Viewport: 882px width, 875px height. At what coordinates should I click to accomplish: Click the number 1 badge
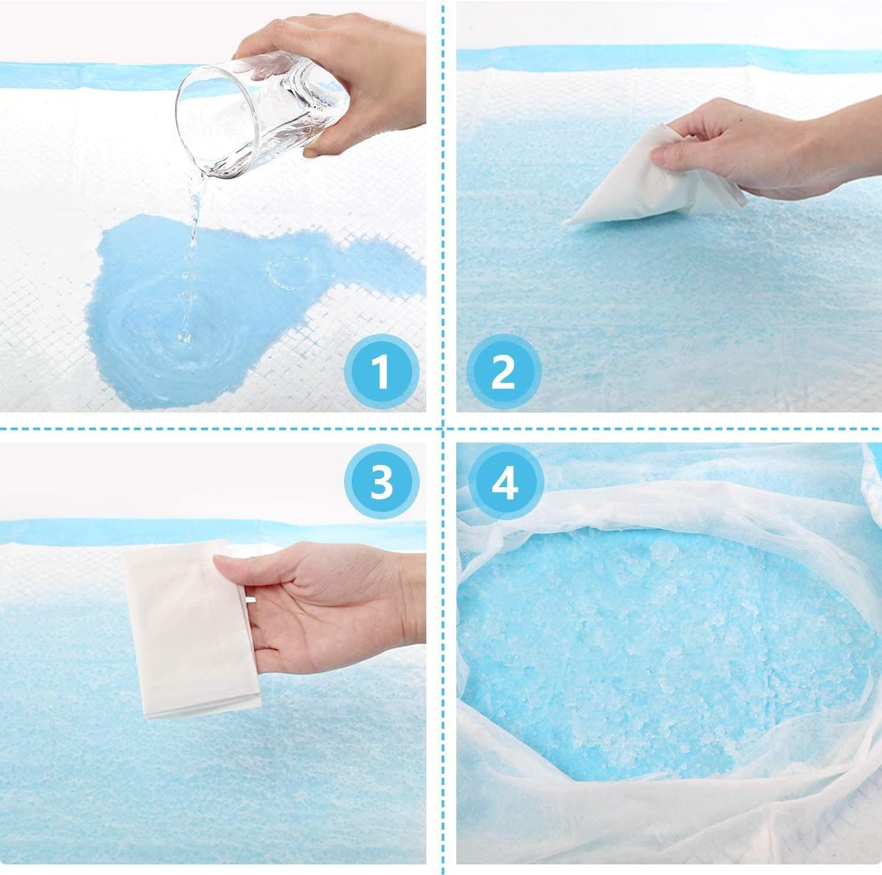point(381,371)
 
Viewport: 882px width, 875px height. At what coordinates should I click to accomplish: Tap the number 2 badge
point(504,371)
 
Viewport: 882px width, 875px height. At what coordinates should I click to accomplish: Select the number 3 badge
point(381,481)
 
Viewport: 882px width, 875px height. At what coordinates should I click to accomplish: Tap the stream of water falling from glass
point(191,259)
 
